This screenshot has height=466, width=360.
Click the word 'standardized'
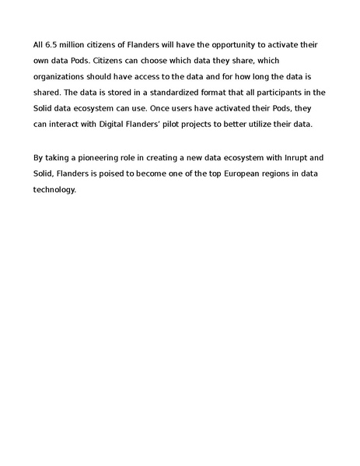183,92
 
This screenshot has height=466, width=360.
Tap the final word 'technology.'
54,188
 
